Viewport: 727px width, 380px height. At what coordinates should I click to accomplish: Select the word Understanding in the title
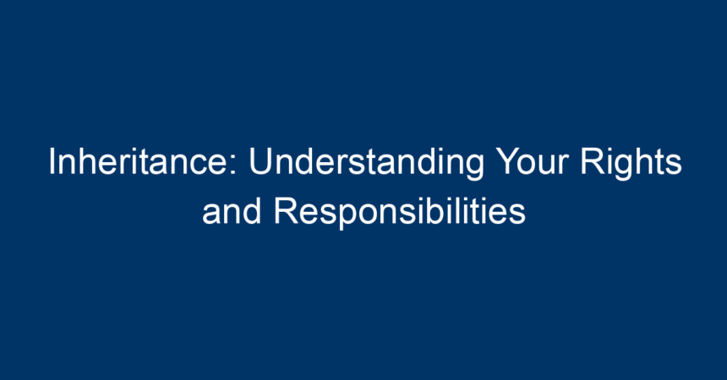point(367,163)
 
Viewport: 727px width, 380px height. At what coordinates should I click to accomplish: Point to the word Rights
point(631,163)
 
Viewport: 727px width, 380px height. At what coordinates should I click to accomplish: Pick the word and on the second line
point(232,211)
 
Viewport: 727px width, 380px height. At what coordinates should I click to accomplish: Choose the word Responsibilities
point(400,213)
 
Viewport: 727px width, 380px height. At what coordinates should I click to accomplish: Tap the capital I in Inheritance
point(52,162)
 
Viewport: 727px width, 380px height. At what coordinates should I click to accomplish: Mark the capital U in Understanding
point(260,162)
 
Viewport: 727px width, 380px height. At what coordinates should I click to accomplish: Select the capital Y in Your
point(506,162)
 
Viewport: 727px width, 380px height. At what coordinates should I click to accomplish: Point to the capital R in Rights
point(591,162)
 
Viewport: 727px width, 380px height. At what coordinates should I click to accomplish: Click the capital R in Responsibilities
point(285,210)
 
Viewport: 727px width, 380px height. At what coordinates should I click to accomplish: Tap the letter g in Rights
point(623,169)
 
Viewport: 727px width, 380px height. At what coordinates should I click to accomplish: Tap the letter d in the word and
point(252,211)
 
